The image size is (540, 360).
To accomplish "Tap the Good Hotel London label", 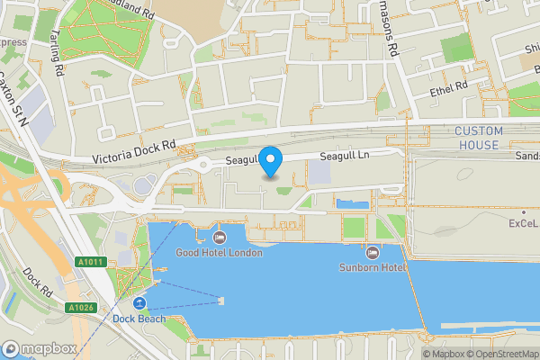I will pyautogui.click(x=220, y=253).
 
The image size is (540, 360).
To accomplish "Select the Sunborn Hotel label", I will pyautogui.click(x=373, y=267).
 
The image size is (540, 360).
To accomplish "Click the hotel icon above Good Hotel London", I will pyautogui.click(x=220, y=238).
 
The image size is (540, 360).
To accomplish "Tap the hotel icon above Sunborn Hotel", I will pyautogui.click(x=373, y=252).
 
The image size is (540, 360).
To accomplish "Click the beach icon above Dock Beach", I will pyautogui.click(x=139, y=302).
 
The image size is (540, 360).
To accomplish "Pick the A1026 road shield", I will pyautogui.click(x=81, y=308).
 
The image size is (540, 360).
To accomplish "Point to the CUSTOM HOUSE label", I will pyautogui.click(x=476, y=139).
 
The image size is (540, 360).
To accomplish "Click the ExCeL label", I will pyautogui.click(x=523, y=222).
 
